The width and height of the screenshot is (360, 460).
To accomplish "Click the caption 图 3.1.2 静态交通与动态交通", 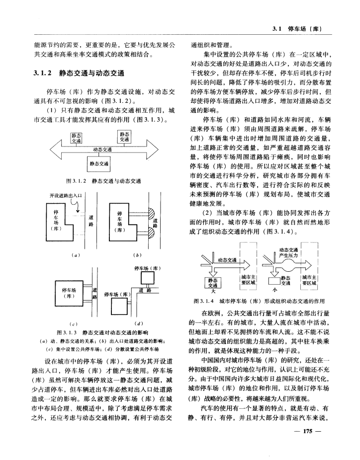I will [x=104, y=181].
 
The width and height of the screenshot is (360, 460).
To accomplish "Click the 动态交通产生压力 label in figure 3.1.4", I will [x=289, y=252].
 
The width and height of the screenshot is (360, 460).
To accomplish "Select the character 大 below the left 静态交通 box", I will [x=213, y=291].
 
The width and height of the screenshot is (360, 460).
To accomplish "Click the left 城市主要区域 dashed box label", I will [x=248, y=280].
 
